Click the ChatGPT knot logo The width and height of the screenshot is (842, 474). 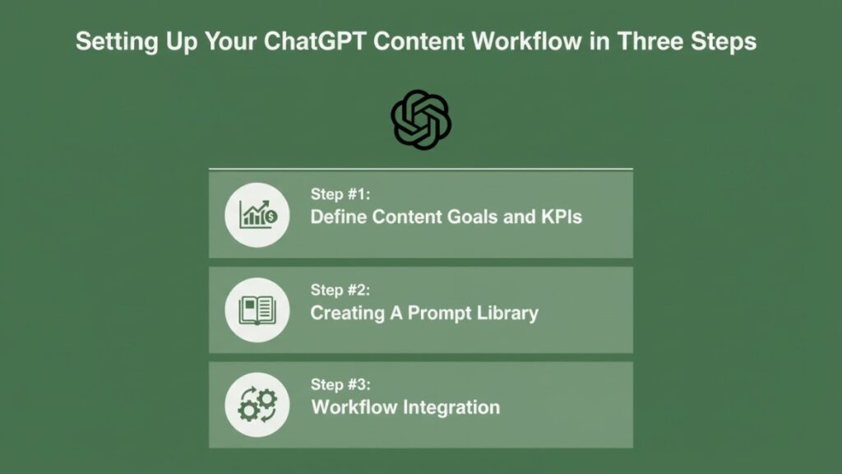click(421, 120)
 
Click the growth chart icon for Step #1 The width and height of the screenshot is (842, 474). click(257, 215)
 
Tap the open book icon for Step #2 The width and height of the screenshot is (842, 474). click(257, 310)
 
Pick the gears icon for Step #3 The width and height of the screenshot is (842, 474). click(257, 405)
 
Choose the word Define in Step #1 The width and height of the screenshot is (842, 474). click(337, 218)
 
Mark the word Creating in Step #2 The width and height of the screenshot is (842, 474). click(347, 313)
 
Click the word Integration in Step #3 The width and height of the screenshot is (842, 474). click(457, 407)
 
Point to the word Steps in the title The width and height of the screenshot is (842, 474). click(723, 41)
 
